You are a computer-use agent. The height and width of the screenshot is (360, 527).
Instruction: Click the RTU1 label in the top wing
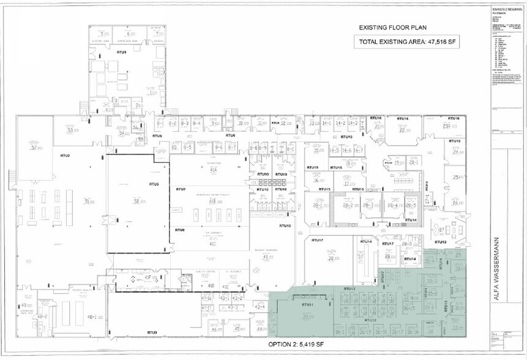pos(121,53)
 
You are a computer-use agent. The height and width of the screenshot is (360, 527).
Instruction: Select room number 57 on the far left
pos(34,148)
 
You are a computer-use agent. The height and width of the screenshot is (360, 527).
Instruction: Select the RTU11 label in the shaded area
pos(307,304)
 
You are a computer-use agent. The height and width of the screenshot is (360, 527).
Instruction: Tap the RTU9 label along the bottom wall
pos(152,332)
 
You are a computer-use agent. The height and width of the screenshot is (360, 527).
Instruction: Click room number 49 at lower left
pos(24,305)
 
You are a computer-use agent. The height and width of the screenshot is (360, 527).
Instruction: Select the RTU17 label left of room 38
pos(316,240)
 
